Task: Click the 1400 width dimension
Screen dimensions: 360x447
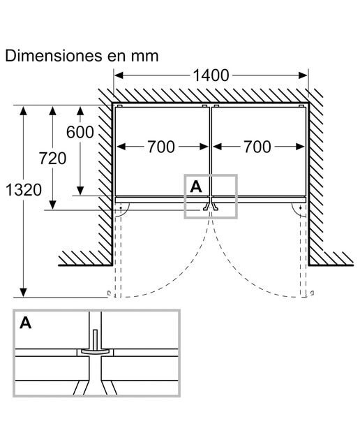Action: (211, 75)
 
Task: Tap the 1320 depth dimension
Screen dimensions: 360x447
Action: (24, 190)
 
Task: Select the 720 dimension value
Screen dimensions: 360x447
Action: (53, 159)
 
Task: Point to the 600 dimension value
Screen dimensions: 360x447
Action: (80, 132)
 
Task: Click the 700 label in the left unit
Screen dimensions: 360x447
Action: (161, 147)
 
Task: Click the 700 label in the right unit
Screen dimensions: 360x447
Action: (257, 147)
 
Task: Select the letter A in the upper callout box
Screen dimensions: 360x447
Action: (196, 187)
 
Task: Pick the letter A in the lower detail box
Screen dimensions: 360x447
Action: (26, 323)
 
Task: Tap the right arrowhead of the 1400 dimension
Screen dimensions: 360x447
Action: (303, 75)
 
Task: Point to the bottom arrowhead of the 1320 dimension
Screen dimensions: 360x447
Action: (23, 293)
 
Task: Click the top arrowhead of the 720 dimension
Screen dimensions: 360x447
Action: (52, 110)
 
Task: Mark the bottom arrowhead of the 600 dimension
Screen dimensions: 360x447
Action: (80, 191)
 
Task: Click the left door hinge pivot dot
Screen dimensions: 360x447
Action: (121, 208)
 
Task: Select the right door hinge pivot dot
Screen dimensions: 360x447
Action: (301, 208)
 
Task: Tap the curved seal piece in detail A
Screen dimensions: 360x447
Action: (95, 351)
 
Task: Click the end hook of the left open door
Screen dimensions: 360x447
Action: (109, 293)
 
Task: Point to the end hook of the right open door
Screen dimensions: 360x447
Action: (313, 293)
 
